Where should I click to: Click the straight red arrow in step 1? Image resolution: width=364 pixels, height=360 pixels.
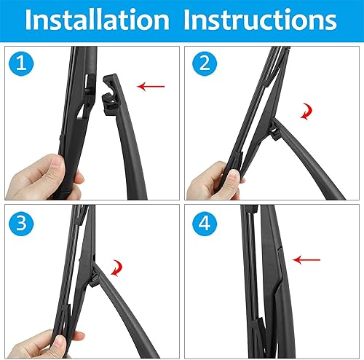[x=152, y=87]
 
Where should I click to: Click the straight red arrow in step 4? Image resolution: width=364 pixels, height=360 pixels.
[x=309, y=257]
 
